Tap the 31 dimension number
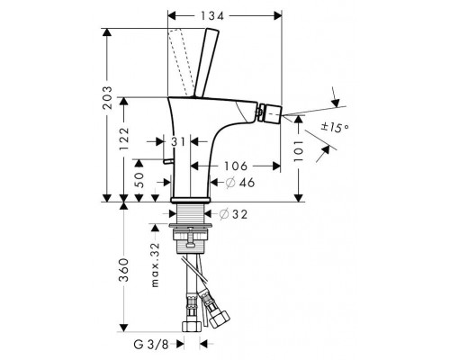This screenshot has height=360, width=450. pos(177,142)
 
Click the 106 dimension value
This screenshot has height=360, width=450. pos(235,166)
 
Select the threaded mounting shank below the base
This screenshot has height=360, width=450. pos(191,216)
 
